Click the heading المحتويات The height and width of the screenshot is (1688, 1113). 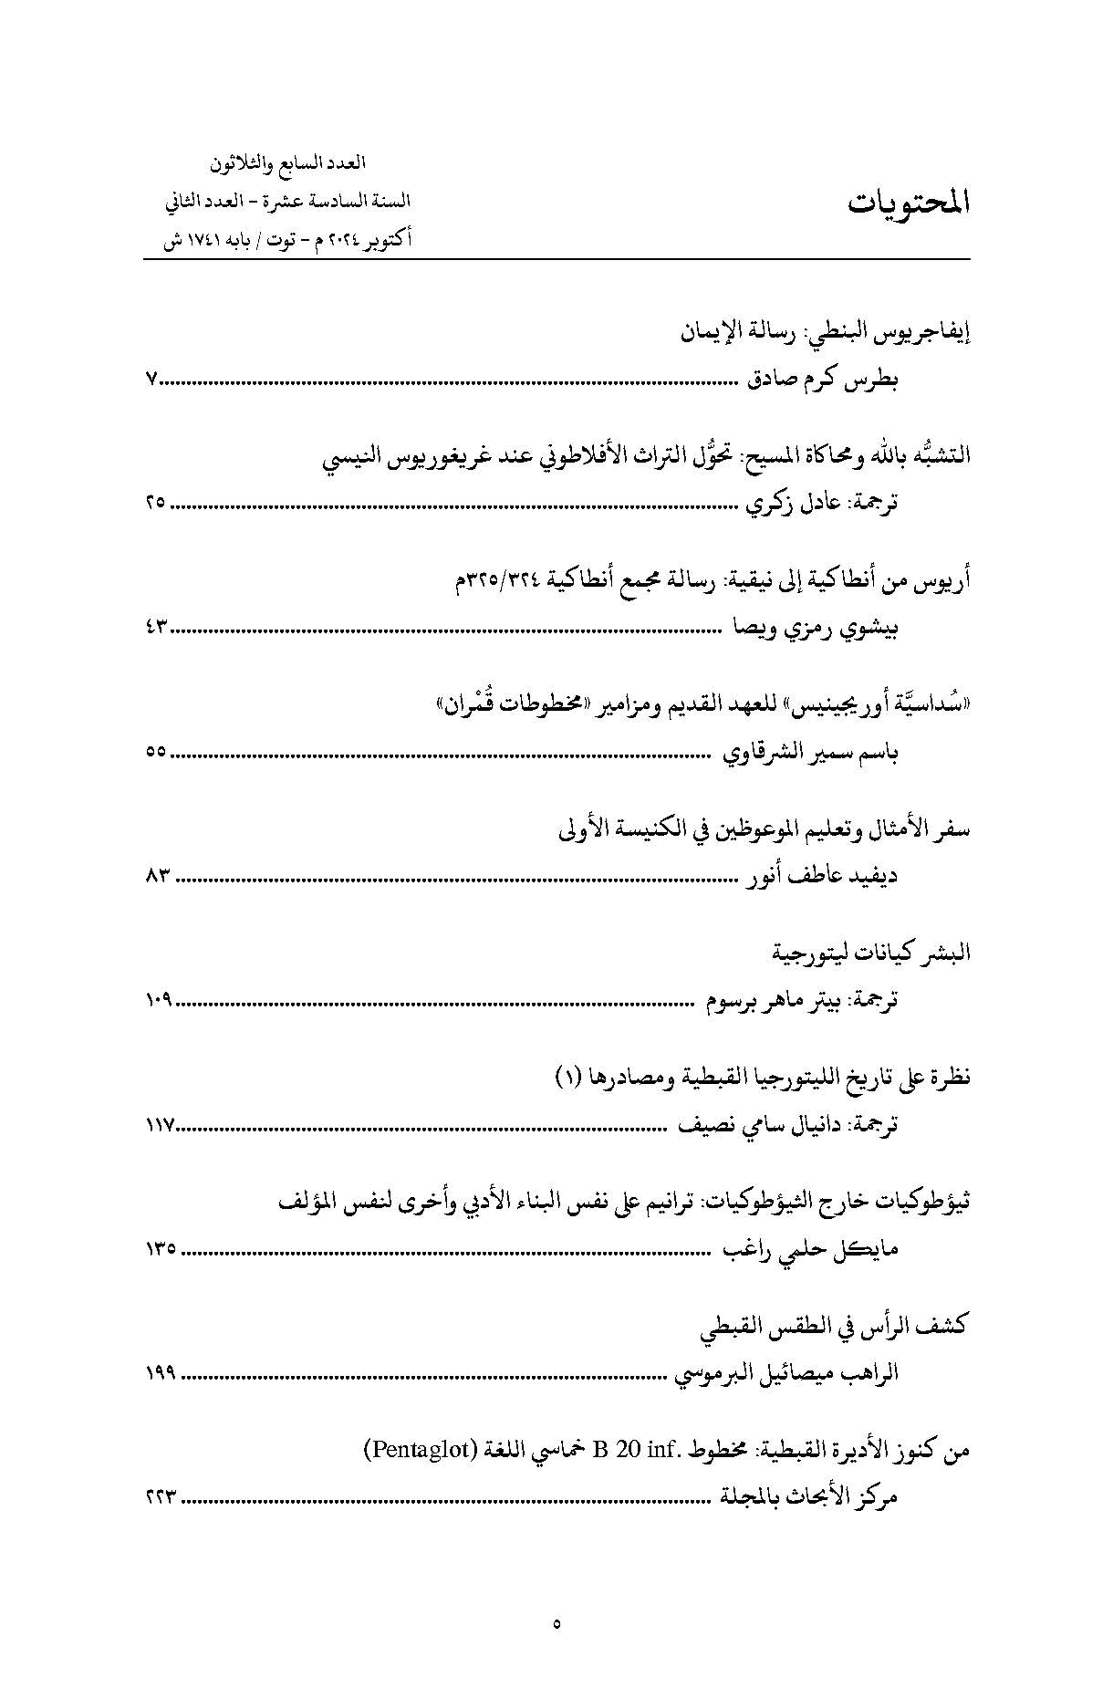click(x=908, y=203)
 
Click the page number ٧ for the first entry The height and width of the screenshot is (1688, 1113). click(x=151, y=380)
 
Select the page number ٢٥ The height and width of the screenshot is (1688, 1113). click(x=154, y=502)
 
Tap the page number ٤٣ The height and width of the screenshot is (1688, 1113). click(x=155, y=627)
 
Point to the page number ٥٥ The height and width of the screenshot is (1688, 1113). click(x=154, y=752)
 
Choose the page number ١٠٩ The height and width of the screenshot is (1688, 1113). click(x=158, y=1001)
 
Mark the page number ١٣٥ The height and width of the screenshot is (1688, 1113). click(x=160, y=1249)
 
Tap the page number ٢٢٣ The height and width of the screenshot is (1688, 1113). click(x=160, y=1497)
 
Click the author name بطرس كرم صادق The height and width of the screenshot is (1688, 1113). click(x=824, y=381)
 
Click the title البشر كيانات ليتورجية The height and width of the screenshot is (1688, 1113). click(x=871, y=953)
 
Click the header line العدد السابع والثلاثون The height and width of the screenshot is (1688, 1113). click(x=287, y=163)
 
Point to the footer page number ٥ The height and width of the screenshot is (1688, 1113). click(x=556, y=1622)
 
